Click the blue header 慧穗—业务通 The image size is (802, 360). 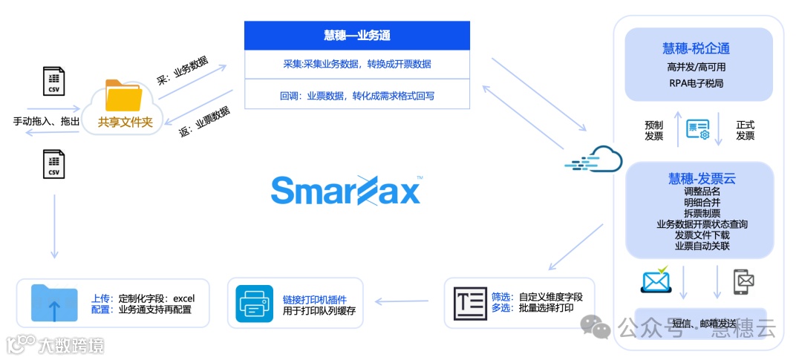coord(357,35)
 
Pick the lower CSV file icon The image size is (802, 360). coord(52,163)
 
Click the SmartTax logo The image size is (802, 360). coord(346,190)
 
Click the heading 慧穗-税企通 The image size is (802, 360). coord(696,49)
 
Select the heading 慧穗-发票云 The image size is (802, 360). coord(701,178)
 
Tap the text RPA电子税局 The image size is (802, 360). coord(696,83)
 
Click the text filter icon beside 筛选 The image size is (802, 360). coord(470,303)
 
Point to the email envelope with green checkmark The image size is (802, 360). coord(656,280)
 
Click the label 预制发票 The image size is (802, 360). coord(654,131)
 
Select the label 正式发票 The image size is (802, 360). coord(745,131)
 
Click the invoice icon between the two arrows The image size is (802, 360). coord(697,131)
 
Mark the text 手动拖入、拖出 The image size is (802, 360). coord(47,121)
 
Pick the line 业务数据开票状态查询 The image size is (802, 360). coord(702,223)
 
